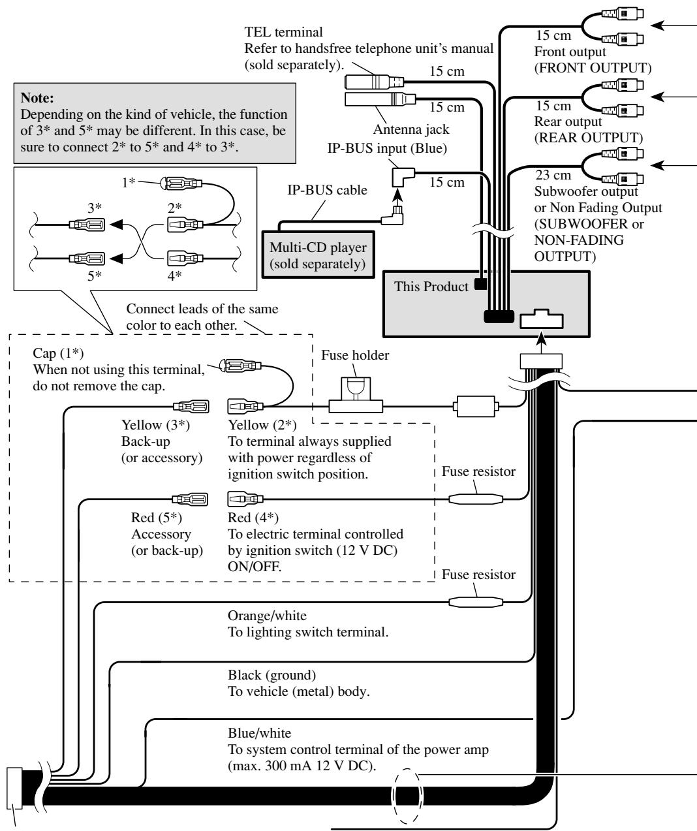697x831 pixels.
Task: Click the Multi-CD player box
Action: coord(318,255)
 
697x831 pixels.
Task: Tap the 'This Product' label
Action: coord(431,287)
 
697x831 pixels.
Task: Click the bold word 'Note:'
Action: coord(37,97)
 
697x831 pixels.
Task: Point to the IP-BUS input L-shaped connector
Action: coord(403,177)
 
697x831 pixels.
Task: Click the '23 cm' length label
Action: coord(553,175)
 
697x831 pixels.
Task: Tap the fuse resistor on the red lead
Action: coord(476,499)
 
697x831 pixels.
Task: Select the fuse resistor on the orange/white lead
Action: coord(476,602)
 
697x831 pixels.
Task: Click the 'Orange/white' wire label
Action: coord(267,616)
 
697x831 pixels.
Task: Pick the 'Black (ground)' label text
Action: coord(271,675)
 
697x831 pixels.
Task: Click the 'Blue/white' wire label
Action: coord(259,733)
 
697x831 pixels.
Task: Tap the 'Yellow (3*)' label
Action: coord(155,425)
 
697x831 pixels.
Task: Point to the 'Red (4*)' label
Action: coord(253,518)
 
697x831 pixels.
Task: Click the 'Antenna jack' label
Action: coord(411,129)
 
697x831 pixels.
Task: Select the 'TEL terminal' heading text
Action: coord(283,32)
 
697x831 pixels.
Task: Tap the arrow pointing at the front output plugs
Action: coord(674,25)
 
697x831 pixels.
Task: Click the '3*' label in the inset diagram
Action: coord(95,208)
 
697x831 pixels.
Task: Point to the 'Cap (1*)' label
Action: coord(58,353)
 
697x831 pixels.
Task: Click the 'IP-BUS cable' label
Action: coord(327,190)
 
